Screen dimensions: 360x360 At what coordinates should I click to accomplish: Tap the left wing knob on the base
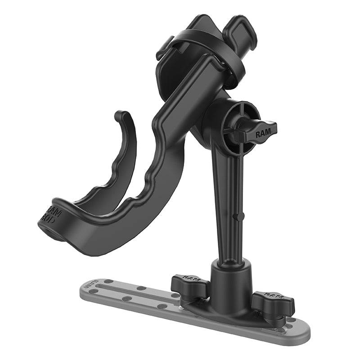tap(189, 286)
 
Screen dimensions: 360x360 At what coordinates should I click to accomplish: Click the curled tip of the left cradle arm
tap(121, 116)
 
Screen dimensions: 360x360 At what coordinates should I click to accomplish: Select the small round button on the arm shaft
tap(236, 217)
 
